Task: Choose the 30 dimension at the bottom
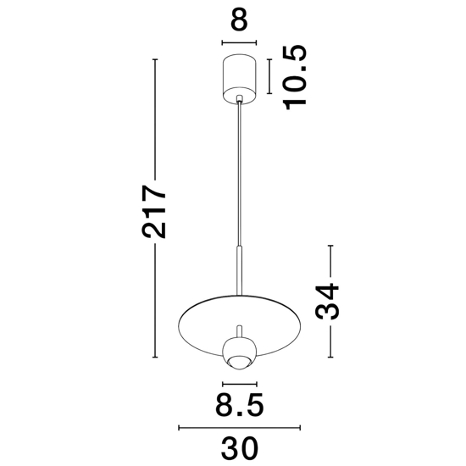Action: pos(239,446)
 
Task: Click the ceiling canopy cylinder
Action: pos(239,75)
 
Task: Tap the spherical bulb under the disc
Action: pos(239,351)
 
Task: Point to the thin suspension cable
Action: pos(241,169)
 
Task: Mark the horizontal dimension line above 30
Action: pos(239,428)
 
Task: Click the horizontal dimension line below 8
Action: pos(239,42)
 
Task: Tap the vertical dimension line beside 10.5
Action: pos(269,75)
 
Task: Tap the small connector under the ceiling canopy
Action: pos(241,100)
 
